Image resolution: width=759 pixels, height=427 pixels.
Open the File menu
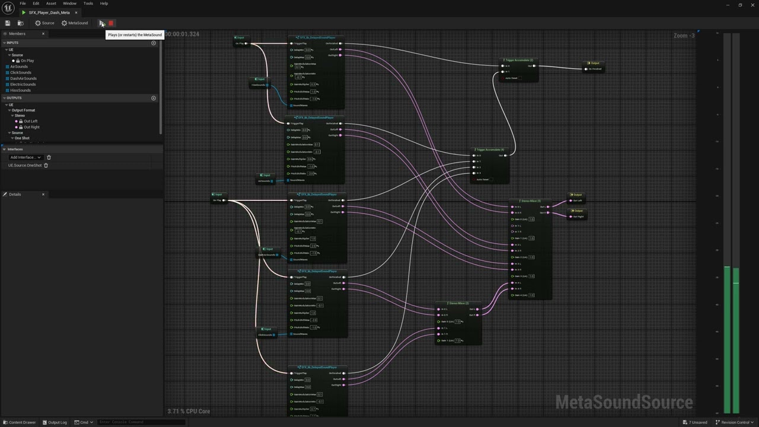tap(23, 4)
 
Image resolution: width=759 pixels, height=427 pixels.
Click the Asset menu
tap(51, 4)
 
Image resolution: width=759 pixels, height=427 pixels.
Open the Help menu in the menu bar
tap(104, 4)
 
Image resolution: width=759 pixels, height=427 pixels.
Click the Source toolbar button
tap(44, 23)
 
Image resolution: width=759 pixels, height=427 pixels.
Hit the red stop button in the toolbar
tap(111, 23)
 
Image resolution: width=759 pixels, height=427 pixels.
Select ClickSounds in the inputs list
tap(21, 72)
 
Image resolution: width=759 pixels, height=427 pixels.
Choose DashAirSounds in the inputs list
tap(23, 78)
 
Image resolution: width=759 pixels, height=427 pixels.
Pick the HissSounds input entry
tap(20, 90)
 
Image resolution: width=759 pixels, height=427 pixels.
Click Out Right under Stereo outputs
tap(31, 127)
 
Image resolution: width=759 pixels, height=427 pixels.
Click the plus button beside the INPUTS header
tap(154, 43)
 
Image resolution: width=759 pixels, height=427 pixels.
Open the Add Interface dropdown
tap(25, 157)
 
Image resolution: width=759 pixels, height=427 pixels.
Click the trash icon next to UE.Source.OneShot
tap(46, 165)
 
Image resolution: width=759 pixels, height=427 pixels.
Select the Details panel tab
tap(14, 195)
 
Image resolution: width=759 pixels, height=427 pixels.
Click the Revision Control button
tap(733, 422)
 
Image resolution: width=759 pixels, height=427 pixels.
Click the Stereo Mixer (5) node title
tap(530, 201)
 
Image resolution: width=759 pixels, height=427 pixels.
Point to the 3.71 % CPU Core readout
tap(189, 411)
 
